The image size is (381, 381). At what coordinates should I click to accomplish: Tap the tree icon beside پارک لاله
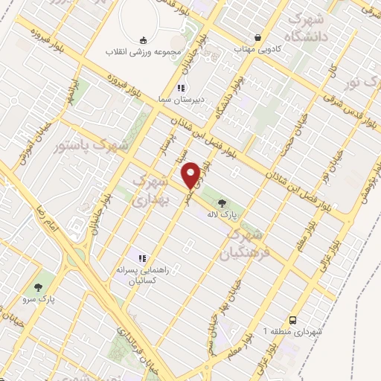point(221,201)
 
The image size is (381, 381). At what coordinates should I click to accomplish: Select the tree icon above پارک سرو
point(38,286)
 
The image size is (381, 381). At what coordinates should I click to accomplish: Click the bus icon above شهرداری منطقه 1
point(292,318)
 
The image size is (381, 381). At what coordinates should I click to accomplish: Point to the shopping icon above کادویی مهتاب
point(258,37)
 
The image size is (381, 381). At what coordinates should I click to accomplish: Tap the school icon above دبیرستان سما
point(179,89)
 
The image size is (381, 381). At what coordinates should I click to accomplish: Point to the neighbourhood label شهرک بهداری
point(150,190)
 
